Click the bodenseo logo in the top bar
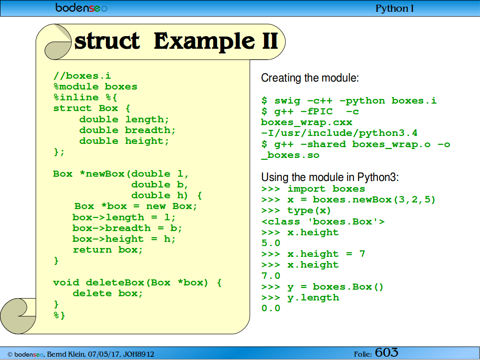[81, 7]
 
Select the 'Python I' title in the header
[395, 8]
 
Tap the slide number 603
[387, 352]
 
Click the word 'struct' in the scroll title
[107, 41]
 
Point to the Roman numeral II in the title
[270, 41]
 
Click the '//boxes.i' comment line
[82, 75]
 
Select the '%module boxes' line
[95, 87]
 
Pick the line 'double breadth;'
[127, 130]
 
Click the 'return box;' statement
[108, 250]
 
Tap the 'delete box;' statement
[108, 293]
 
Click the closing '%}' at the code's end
[59, 315]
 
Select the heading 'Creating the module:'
[310, 78]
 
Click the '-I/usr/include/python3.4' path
[339, 133]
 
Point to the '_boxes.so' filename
[290, 155]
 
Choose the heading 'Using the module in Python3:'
[330, 177]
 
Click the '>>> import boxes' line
[313, 188]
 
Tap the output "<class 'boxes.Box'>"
[323, 221]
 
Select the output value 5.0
[271, 243]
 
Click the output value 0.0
[271, 308]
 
